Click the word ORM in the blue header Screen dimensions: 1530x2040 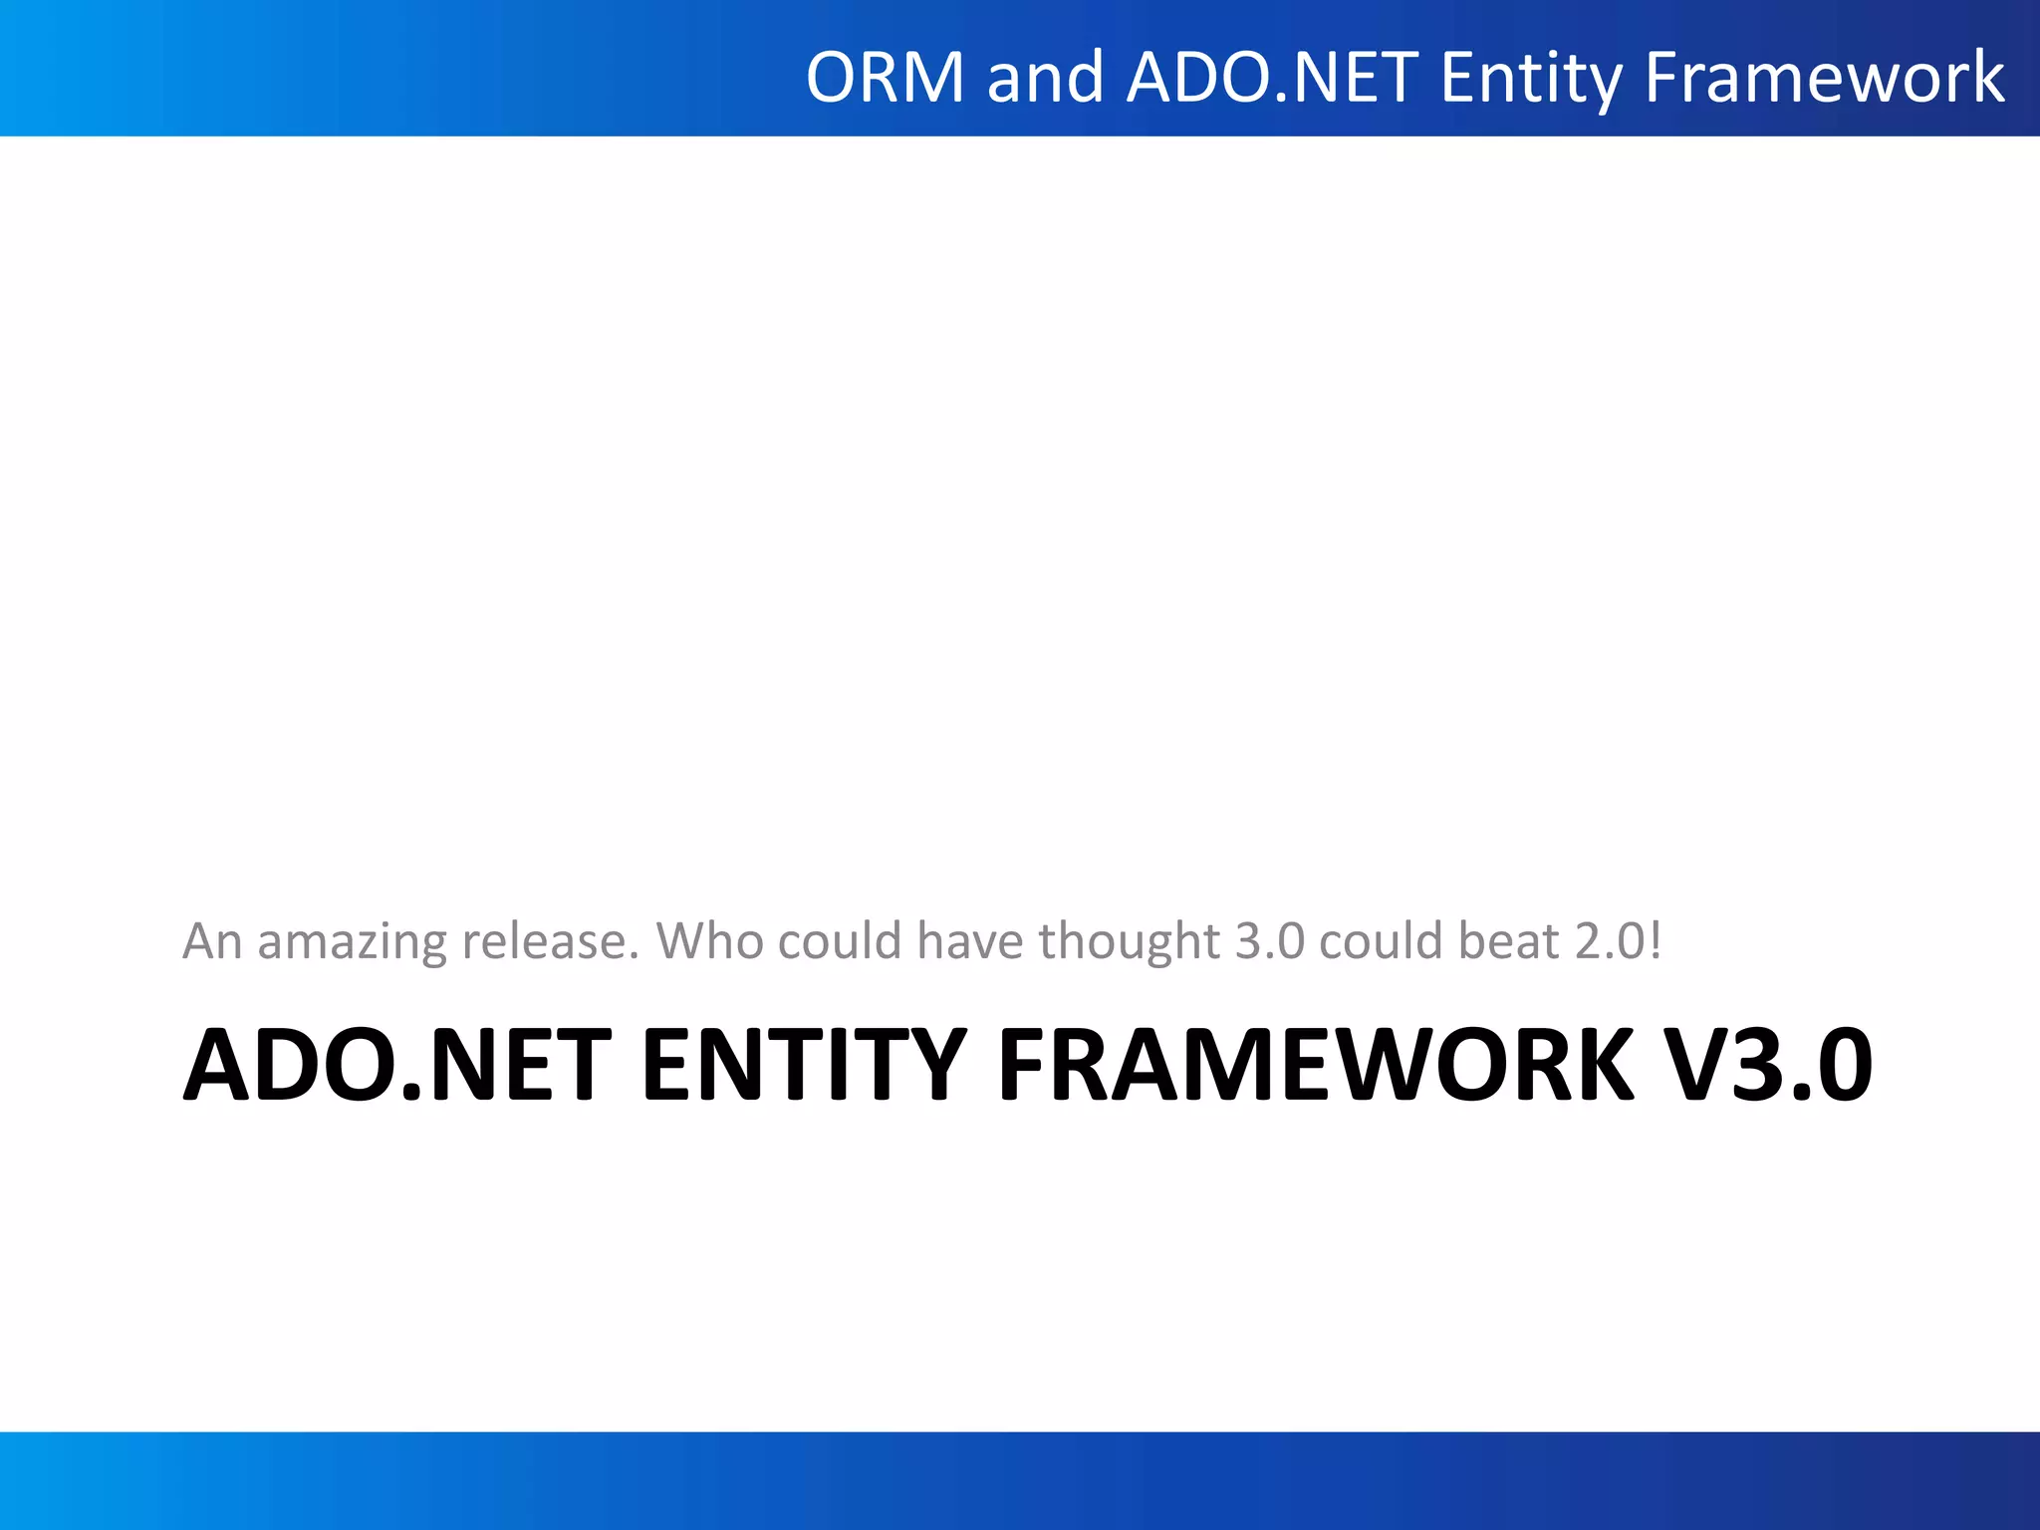pos(885,78)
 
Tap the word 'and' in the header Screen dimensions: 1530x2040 pos(1045,78)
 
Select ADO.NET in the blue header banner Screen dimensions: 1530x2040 pos(1272,78)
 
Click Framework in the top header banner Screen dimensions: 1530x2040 pos(1824,78)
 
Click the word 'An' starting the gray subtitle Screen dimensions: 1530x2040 pos(212,941)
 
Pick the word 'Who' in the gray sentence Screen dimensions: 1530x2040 pos(709,941)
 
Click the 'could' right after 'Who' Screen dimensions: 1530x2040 pos(840,941)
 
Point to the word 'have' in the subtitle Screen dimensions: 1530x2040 pos(969,941)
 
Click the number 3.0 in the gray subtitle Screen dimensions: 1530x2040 pos(1269,941)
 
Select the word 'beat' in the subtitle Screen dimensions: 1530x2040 pos(1508,941)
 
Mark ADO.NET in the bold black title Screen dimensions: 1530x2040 pos(397,1066)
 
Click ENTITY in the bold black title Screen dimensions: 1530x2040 pos(804,1066)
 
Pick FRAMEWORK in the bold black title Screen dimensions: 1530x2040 pos(1316,1066)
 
